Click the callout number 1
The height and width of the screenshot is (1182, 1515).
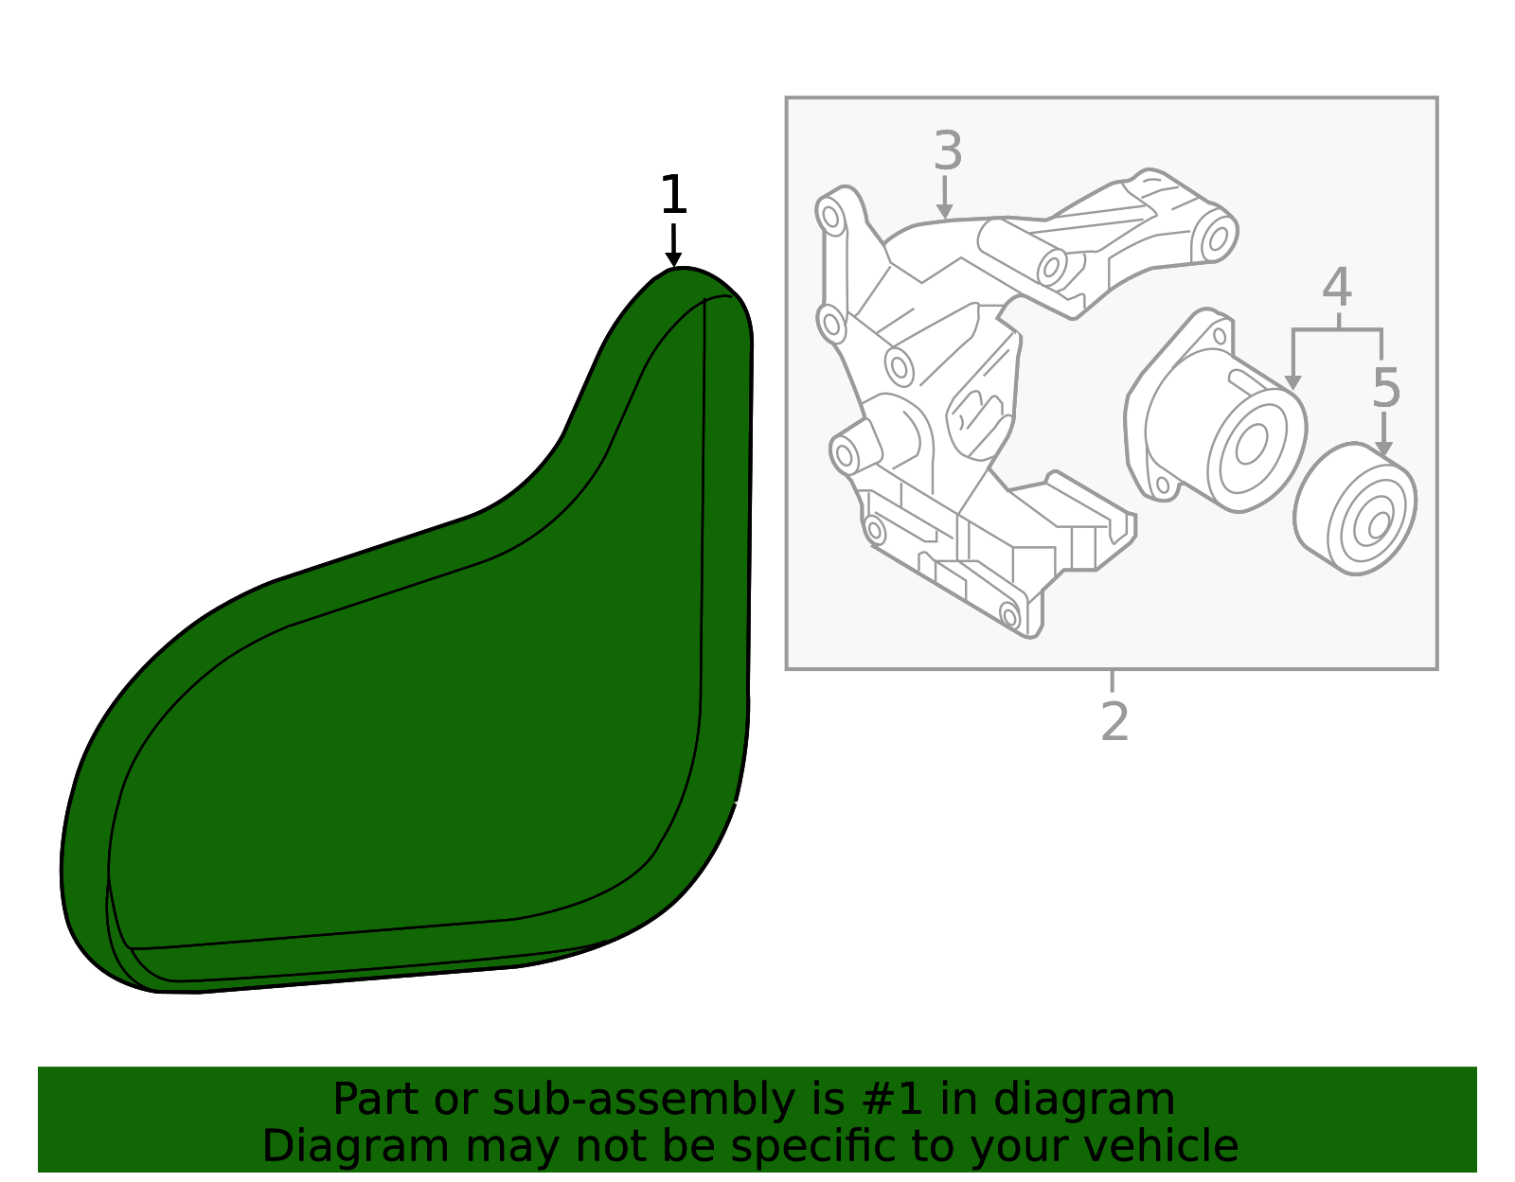[673, 195]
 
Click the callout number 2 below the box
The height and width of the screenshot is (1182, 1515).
[1114, 722]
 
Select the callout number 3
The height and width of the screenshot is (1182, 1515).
[948, 151]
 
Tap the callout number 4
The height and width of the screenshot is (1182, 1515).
[1337, 288]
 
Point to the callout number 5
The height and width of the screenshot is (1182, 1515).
[1385, 388]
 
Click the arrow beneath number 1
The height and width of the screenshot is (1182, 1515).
[673, 248]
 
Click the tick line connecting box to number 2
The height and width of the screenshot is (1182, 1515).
[1112, 681]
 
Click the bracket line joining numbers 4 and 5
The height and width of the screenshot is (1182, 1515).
[1337, 330]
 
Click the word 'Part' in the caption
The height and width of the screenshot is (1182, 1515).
[364, 1100]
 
